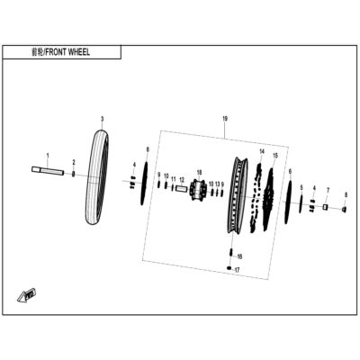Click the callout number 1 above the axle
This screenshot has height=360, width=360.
(x=48, y=156)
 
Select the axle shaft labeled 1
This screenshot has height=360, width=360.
(x=48, y=170)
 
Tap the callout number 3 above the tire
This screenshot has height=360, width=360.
(x=102, y=119)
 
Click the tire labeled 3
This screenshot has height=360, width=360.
(x=97, y=177)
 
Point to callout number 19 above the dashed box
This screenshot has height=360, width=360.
(x=225, y=119)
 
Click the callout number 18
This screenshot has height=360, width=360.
(x=200, y=172)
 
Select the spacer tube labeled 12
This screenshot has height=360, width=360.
(x=181, y=189)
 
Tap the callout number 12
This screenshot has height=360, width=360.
(x=182, y=180)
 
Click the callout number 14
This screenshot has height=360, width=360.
(x=262, y=151)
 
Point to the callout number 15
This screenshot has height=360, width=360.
(x=275, y=156)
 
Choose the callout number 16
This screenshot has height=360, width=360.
(x=239, y=256)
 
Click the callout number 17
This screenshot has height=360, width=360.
(x=237, y=270)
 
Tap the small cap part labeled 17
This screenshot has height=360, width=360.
(x=229, y=267)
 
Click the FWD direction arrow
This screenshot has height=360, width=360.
(x=27, y=294)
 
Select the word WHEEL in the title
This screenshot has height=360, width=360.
(x=79, y=52)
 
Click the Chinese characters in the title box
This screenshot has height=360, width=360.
(x=38, y=52)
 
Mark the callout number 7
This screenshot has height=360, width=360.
(x=328, y=191)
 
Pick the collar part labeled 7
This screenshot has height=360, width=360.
(x=325, y=207)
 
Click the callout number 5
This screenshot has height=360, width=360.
(x=301, y=188)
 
